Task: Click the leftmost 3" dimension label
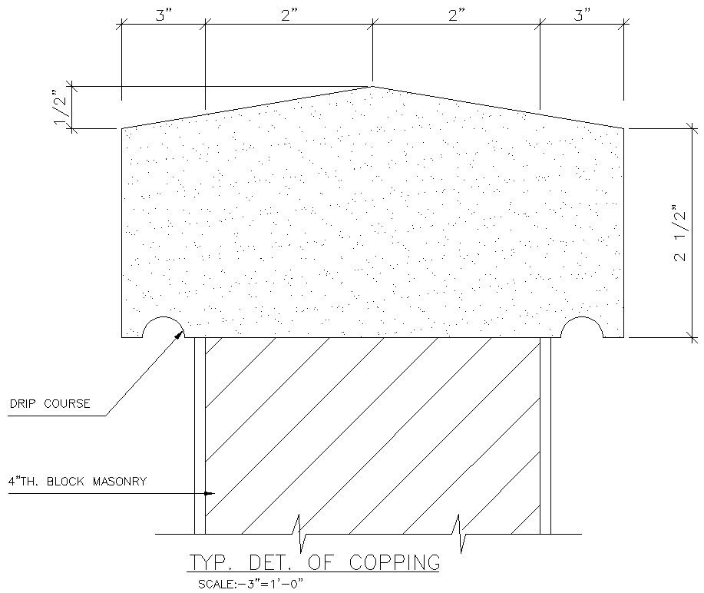(164, 15)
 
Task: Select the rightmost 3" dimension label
(582, 15)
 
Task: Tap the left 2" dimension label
(289, 15)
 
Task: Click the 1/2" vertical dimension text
(61, 108)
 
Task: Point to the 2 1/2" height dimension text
(679, 233)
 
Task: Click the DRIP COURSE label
(49, 403)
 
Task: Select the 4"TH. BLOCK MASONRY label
(77, 482)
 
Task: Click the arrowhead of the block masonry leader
(212, 493)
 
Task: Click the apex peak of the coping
(372, 87)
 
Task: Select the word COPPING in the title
(395, 562)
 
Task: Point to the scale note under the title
(252, 584)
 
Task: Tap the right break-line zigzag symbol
(461, 533)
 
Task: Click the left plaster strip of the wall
(200, 434)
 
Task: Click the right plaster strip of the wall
(545, 434)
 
